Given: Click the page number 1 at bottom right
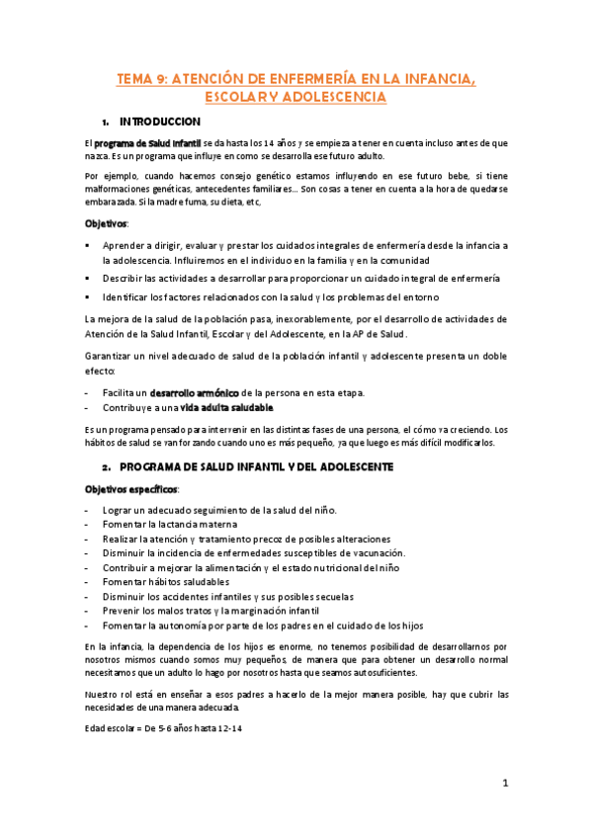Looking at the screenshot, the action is tap(504, 784).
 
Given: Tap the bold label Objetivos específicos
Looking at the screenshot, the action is tap(130, 489).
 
